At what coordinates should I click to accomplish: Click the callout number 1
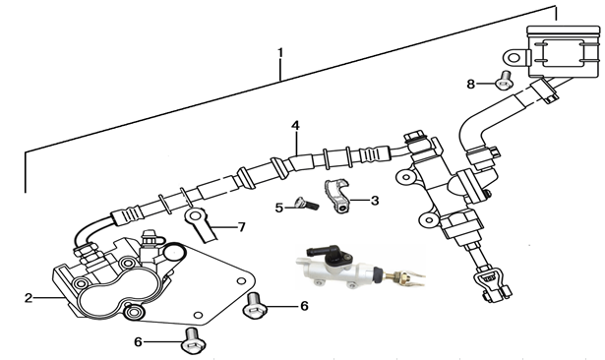coord(280,52)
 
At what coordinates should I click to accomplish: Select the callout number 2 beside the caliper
coord(29,298)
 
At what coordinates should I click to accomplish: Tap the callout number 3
coord(375,201)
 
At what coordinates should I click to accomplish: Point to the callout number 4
coord(295,125)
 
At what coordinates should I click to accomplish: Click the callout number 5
coord(279,208)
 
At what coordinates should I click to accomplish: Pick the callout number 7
coord(242,227)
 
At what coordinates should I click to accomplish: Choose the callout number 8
coord(471,84)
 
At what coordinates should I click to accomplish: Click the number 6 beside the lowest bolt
coord(138,342)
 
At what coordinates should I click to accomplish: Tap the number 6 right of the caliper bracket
coord(304,306)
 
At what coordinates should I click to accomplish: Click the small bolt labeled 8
coord(503,81)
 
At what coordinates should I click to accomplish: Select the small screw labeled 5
coord(306,204)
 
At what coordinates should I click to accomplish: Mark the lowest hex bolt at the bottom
coord(193,340)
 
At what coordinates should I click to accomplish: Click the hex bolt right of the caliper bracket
coord(255,306)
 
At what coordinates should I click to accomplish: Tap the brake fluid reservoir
coord(564,52)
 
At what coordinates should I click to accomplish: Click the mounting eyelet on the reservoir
coord(514,58)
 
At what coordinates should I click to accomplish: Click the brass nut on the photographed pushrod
coord(397,276)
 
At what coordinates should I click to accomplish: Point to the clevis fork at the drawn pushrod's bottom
coord(493,285)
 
